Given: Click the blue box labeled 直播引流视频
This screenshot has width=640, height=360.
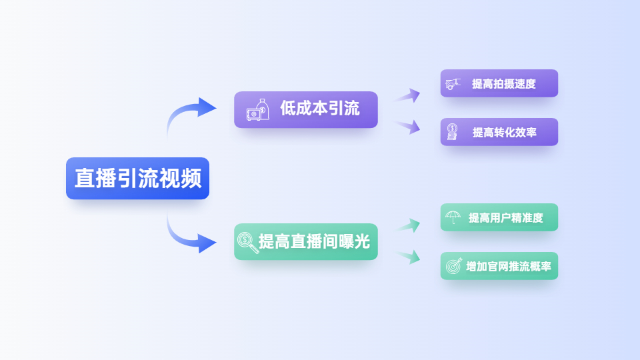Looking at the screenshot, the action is (137, 179).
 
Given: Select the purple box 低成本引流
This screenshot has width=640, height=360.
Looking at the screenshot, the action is (306, 109).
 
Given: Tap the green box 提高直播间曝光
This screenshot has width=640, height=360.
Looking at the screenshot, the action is (306, 241).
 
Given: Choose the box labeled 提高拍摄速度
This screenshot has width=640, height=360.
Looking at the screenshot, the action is (499, 83).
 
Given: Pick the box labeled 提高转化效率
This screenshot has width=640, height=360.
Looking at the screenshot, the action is (499, 132).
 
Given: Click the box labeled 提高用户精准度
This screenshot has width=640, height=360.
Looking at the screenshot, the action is (499, 217).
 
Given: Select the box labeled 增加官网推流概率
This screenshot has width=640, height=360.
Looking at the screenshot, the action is (499, 266).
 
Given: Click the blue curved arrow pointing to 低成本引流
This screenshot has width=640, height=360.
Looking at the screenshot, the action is (179, 109).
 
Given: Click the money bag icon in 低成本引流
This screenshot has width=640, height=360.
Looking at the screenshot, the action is (258, 110).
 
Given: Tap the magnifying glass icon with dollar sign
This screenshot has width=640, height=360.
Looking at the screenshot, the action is (248, 243).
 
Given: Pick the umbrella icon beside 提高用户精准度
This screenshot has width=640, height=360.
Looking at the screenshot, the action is (453, 217).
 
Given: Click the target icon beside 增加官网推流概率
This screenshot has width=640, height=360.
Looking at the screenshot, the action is (453, 266).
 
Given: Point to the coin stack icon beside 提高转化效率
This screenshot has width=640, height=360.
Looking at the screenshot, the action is (452, 132).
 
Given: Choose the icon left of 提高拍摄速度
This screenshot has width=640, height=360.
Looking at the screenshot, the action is (453, 84).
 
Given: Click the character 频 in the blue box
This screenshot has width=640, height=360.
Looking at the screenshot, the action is (191, 179).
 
